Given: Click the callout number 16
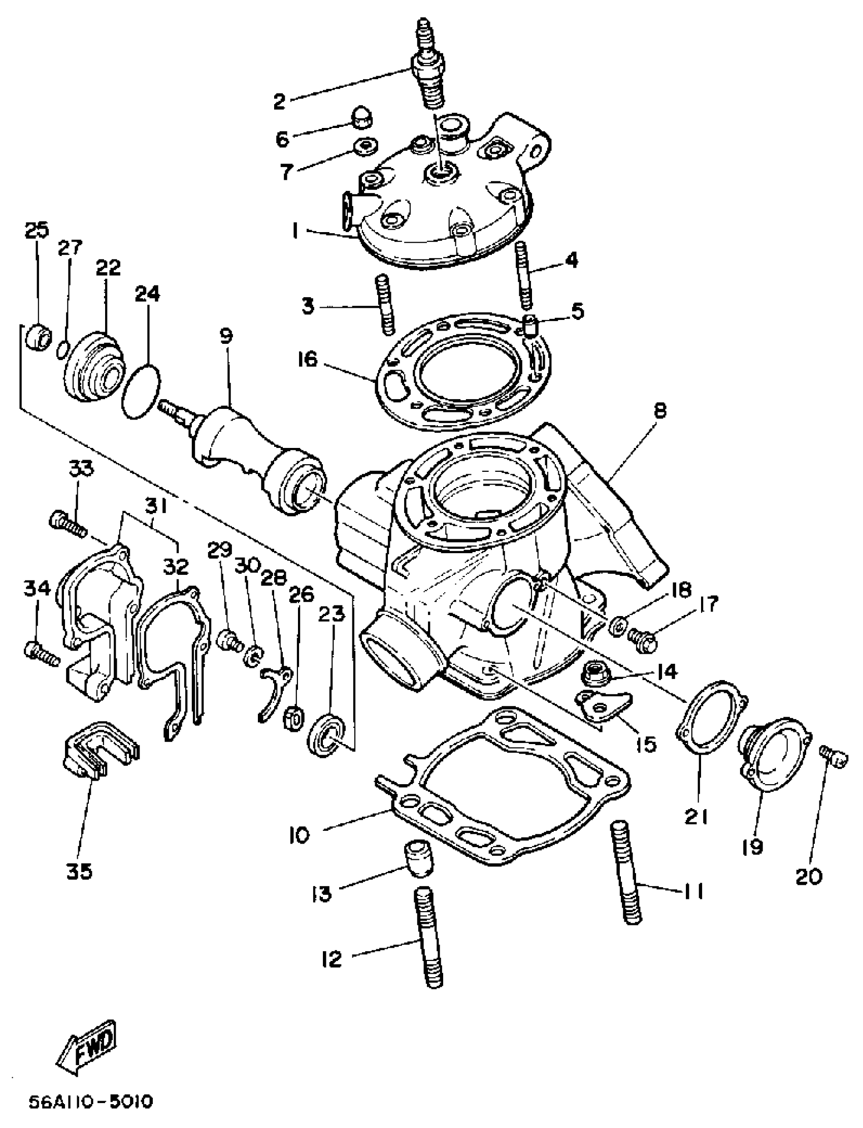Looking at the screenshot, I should (308, 359).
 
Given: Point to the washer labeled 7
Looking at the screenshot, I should (365, 146).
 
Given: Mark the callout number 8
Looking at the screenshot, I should (659, 410).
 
